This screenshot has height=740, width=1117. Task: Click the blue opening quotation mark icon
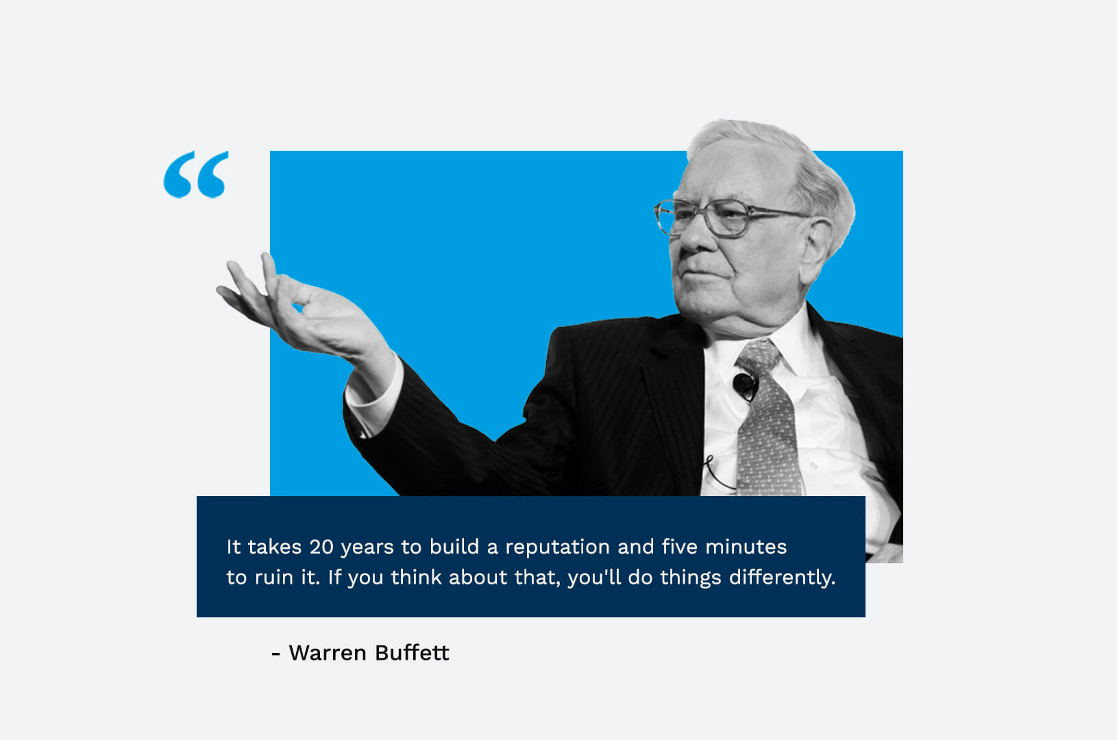point(196,175)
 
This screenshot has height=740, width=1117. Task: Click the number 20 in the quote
point(321,547)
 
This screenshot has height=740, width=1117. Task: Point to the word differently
point(782,578)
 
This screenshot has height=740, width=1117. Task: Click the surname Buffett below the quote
point(412,652)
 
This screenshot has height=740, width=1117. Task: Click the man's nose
point(693,239)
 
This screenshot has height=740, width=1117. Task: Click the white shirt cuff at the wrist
point(374,394)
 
